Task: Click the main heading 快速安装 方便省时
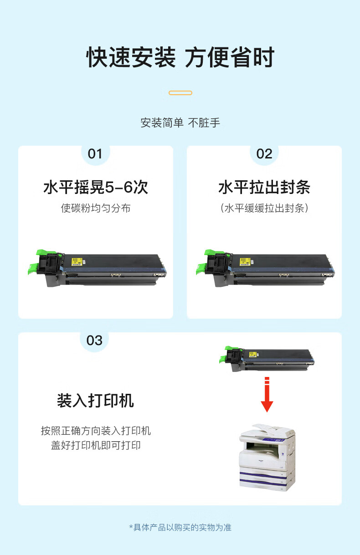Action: pyautogui.click(x=180, y=57)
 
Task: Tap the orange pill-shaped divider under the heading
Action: pyautogui.click(x=180, y=93)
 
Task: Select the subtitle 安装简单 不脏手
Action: pyautogui.click(x=180, y=123)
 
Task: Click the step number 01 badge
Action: pyautogui.click(x=95, y=154)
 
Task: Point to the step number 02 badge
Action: pyautogui.click(x=264, y=154)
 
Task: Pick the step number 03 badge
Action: pyautogui.click(x=94, y=341)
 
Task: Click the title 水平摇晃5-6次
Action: pyautogui.click(x=96, y=187)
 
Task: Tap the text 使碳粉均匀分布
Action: pyautogui.click(x=96, y=208)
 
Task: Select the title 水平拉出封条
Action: pyautogui.click(x=264, y=187)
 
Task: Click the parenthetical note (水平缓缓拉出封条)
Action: pyautogui.click(x=264, y=208)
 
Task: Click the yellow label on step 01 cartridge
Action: pyautogui.click(x=77, y=262)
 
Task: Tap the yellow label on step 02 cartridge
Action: pyautogui.click(x=245, y=262)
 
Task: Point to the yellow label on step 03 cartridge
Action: pyautogui.click(x=253, y=354)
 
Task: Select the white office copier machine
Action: pyautogui.click(x=267, y=458)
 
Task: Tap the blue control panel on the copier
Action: pyautogui.click(x=273, y=439)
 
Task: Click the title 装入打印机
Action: pyautogui.click(x=95, y=401)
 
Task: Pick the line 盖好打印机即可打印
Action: pyautogui.click(x=96, y=445)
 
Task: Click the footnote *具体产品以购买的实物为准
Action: pyautogui.click(x=180, y=527)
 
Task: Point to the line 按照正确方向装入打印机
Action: pyautogui.click(x=96, y=431)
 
